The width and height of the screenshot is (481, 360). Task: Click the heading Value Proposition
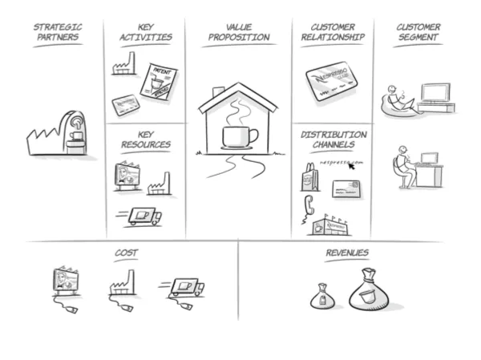tap(239, 32)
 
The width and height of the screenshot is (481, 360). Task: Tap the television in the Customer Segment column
tap(435, 93)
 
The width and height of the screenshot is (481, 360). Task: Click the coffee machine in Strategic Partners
tap(71, 131)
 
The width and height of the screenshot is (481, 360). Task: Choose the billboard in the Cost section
tap(66, 281)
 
